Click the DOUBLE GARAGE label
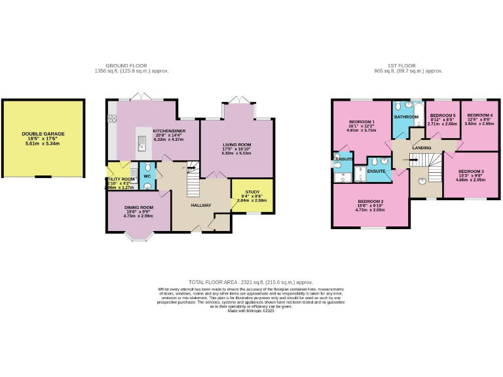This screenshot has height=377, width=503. [43, 134]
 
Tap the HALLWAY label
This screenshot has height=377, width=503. [200, 206]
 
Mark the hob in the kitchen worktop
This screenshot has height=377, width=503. [112, 118]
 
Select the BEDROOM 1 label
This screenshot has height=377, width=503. [362, 122]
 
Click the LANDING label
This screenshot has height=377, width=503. [421, 147]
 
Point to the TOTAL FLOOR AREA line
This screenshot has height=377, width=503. [251, 280]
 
